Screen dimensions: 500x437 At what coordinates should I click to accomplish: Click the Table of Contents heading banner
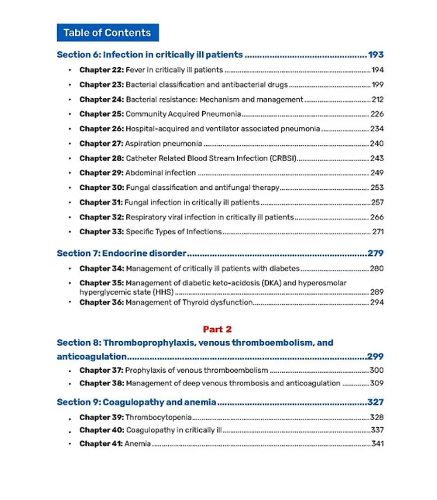108,33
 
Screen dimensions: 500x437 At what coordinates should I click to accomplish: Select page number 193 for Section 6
375,55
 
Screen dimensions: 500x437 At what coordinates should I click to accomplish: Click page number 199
377,85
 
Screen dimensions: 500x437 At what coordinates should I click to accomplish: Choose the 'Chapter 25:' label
101,114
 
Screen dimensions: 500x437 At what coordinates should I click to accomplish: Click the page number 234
377,129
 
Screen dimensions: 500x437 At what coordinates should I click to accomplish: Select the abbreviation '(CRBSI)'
284,158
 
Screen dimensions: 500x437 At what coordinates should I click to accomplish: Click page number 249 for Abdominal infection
377,173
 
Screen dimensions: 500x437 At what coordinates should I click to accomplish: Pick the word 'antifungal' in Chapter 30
231,188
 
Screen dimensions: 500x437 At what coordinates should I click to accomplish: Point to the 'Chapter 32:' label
101,217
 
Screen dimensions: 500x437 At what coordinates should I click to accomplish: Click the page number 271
378,232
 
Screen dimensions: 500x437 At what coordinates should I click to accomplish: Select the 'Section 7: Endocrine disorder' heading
121,253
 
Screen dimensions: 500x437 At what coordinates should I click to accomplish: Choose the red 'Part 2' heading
217,330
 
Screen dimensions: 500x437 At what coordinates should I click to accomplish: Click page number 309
377,383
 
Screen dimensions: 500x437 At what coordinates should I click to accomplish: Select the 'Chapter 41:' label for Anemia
101,444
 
